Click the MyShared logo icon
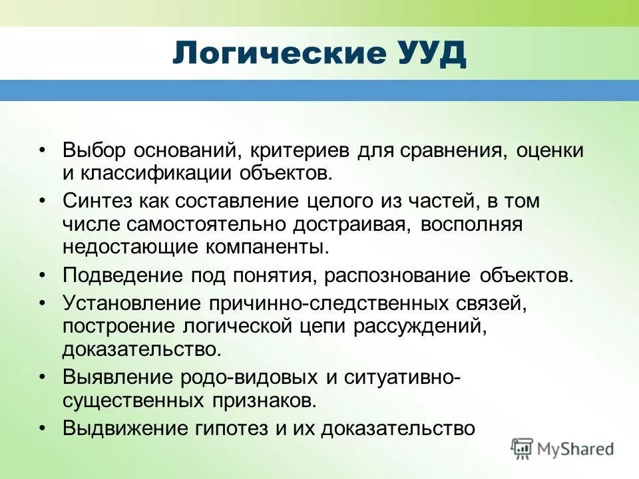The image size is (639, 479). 523,449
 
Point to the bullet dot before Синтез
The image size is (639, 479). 42,200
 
